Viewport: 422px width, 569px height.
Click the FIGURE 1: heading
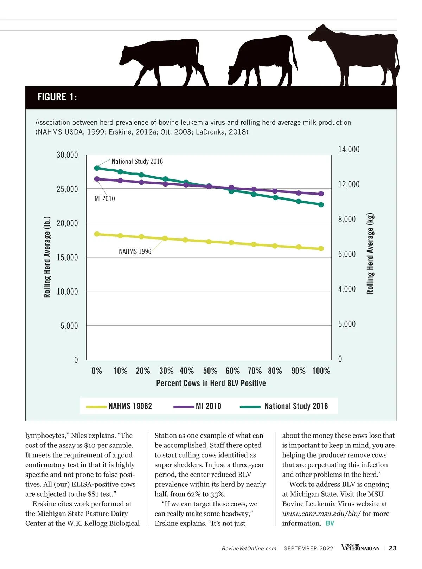coord(57,97)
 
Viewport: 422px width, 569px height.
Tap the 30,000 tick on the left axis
coord(67,155)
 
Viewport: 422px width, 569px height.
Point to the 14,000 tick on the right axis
coord(349,149)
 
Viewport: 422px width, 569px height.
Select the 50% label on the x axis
coord(210,371)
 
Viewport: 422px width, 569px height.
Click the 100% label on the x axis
coord(321,371)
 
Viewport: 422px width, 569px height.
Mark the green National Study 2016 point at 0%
coord(97,168)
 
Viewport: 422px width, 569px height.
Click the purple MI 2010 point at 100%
coord(321,194)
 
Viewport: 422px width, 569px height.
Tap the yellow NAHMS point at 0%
coord(97,234)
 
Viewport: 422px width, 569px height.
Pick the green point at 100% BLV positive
coord(321,204)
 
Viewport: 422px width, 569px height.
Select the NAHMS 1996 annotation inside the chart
coord(135,251)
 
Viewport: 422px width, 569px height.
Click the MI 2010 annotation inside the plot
coord(105,199)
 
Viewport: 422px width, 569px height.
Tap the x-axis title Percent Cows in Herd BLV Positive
coord(211,383)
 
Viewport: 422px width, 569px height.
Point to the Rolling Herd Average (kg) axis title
coord(370,253)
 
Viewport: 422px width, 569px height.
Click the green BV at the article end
coord(330,523)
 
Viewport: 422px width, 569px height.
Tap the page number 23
coord(393,548)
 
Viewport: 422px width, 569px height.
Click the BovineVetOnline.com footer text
coord(249,549)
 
